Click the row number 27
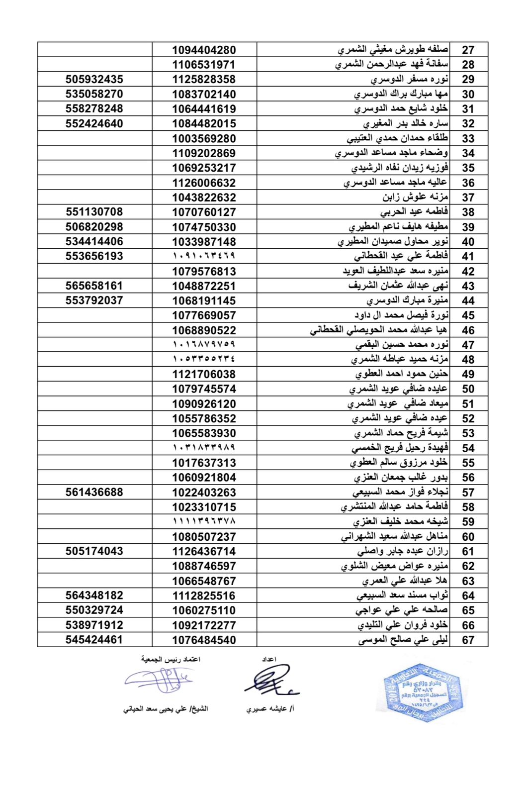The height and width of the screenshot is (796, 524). [468, 50]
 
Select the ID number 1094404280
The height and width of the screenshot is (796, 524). [204, 50]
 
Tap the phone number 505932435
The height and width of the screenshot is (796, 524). [94, 79]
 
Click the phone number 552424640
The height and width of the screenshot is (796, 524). [94, 123]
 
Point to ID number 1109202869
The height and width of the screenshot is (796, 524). [204, 153]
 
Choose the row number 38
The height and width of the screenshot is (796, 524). [468, 212]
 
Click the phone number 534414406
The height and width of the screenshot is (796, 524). [94, 242]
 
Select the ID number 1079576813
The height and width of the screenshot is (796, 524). [204, 272]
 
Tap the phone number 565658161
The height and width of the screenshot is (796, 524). [94, 286]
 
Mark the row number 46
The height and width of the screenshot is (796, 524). [468, 330]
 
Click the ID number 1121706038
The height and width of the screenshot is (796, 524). [204, 374]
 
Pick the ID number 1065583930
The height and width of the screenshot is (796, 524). [204, 433]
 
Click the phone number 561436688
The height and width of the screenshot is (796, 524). [94, 493]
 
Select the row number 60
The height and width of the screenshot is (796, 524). [468, 537]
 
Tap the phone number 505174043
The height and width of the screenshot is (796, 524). [94, 551]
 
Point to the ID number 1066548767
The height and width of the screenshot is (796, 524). [204, 581]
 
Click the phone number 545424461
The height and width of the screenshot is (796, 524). [94, 640]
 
